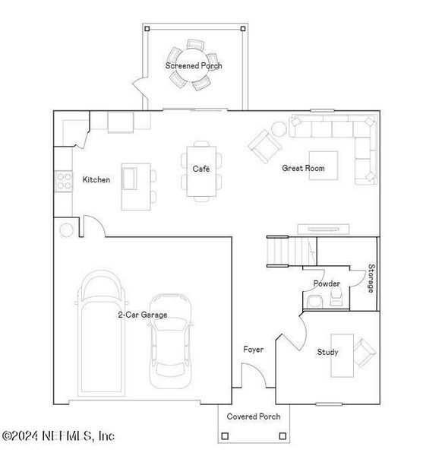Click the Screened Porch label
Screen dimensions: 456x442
click(194, 65)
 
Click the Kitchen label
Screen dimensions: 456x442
click(96, 180)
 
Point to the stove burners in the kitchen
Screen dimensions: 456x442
click(62, 181)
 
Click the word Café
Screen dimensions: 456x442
click(200, 169)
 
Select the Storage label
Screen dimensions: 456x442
click(371, 279)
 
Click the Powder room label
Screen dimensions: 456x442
click(327, 283)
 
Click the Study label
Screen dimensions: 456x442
click(328, 352)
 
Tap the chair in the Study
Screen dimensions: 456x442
click(364, 351)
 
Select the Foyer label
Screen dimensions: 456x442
click(253, 350)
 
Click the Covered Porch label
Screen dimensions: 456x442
click(254, 416)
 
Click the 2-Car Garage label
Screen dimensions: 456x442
click(142, 315)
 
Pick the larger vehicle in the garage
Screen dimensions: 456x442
click(102, 334)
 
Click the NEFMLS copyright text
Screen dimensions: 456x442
click(58, 435)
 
